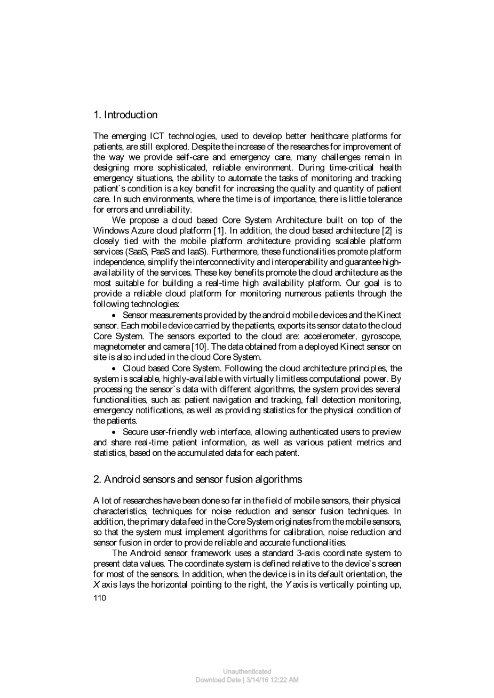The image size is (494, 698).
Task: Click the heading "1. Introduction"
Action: coord(125,115)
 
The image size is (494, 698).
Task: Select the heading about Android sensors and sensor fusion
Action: coord(197,479)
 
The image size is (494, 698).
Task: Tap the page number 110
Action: coord(100,598)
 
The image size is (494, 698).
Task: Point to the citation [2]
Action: coord(388,230)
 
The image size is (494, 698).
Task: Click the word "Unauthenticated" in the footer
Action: coord(246,671)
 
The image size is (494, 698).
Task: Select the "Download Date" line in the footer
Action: coord(246,680)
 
